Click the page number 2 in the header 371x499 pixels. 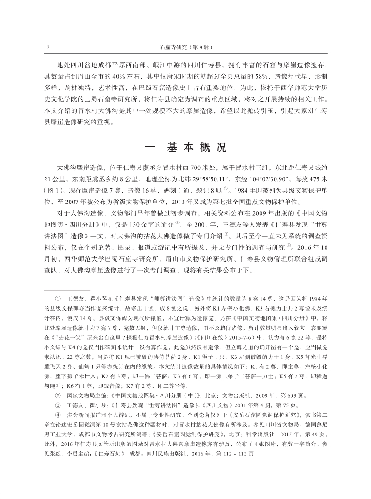48,47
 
